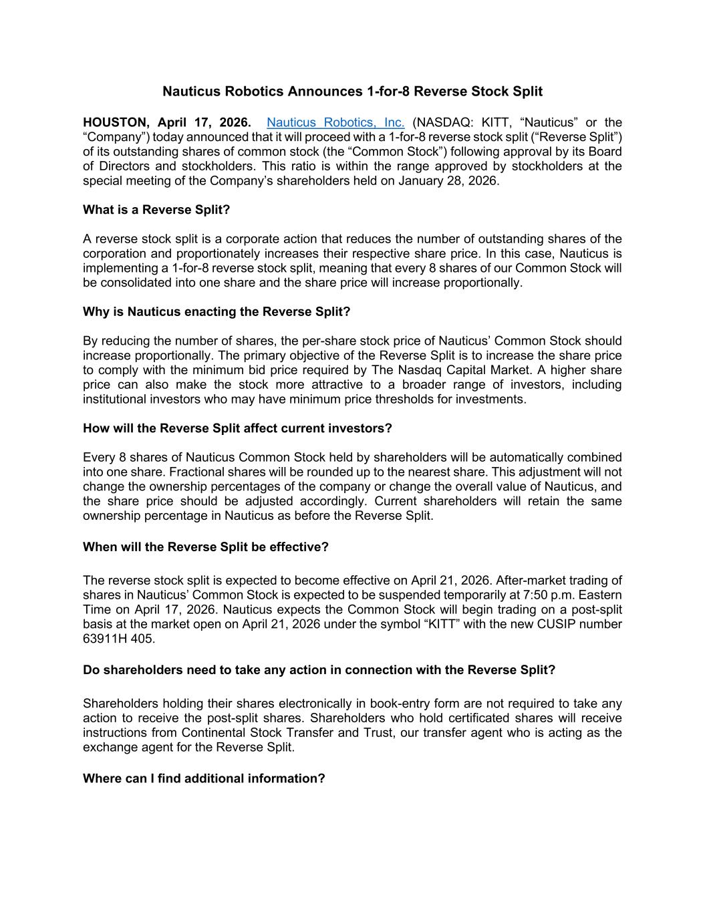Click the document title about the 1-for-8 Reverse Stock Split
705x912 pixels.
click(x=352, y=91)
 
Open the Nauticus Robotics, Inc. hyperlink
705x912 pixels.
click(x=335, y=122)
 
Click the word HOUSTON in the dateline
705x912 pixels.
click(x=115, y=122)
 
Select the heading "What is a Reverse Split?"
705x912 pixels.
click(x=156, y=210)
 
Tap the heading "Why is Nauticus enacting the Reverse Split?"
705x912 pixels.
click(x=217, y=311)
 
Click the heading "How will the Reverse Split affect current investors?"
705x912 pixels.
click(x=237, y=428)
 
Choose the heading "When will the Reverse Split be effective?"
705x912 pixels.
click(x=206, y=547)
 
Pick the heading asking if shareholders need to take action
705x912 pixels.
click(x=319, y=669)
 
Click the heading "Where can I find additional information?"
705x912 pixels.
click(x=204, y=778)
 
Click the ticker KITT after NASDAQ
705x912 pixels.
click(x=495, y=122)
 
